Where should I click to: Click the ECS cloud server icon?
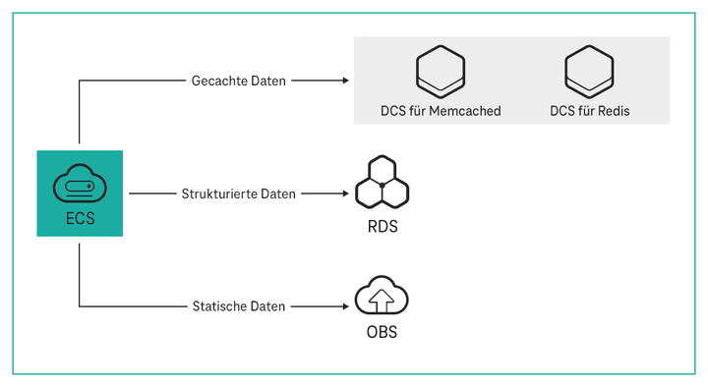(80, 184)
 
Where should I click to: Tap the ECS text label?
(80, 218)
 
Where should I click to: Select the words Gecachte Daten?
(239, 81)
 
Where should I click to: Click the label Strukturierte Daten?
(239, 193)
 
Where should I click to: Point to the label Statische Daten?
(239, 306)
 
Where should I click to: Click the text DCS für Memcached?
(441, 111)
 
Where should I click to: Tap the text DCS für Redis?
(589, 111)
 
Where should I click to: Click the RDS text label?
(382, 227)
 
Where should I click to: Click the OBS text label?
(382, 332)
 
